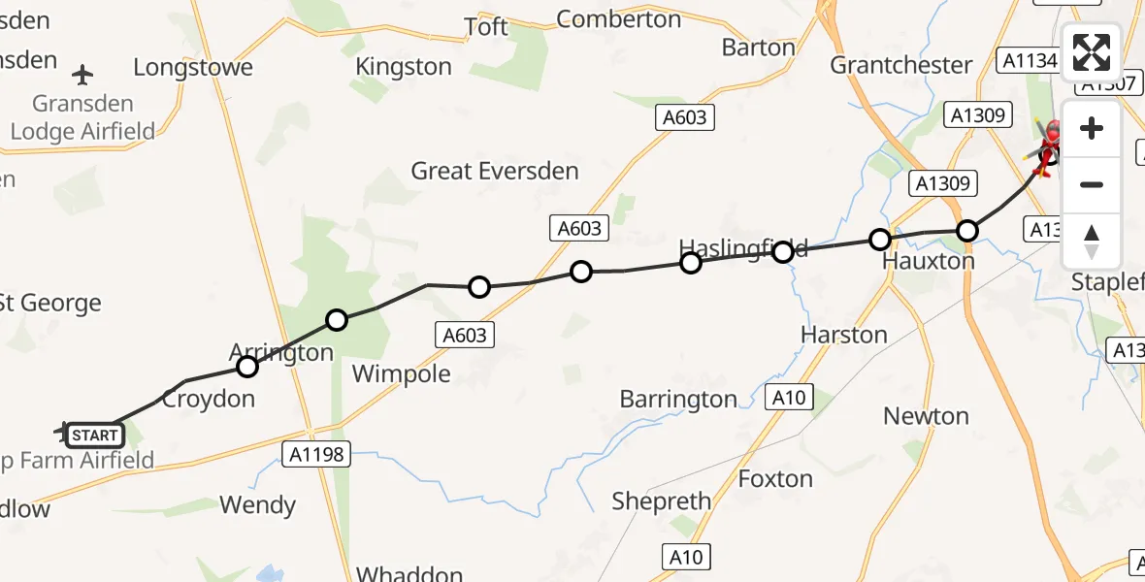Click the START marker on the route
pos(94,436)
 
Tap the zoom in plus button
pos(1092,129)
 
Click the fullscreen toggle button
pos(1092,52)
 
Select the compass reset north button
pos(1092,242)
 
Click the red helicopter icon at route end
pos(1049,145)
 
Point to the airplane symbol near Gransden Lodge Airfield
pos(83,74)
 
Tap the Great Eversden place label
pos(495,172)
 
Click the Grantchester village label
pos(901,65)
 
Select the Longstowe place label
pos(193,67)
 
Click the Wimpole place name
pos(401,373)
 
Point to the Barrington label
pos(678,399)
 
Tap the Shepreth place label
pos(662,501)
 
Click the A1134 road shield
pos(1030,61)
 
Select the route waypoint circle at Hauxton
pos(879,240)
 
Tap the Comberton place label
pos(619,18)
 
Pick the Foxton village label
pos(775,478)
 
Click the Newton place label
pos(926,416)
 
